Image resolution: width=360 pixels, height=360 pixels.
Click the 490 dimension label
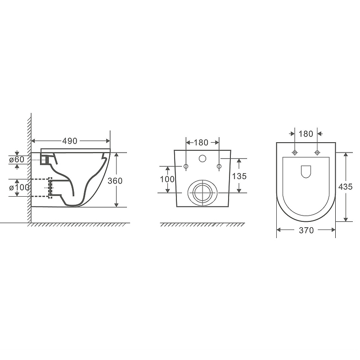tap(70, 141)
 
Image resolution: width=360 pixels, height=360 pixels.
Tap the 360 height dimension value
tap(115, 181)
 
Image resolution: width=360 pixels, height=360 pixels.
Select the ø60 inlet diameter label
tap(17, 159)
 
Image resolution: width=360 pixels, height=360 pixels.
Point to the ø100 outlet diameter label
tap(19, 188)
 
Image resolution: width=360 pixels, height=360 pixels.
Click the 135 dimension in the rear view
tap(239, 176)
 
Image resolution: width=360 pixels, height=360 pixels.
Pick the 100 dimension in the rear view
tap(167, 179)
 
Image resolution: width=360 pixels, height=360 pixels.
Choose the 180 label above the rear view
tap(201, 143)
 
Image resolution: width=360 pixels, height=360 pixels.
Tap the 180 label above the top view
tap(306, 134)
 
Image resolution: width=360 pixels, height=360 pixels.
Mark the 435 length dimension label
tap(345, 187)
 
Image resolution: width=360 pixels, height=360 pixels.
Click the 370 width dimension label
tap(306, 230)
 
